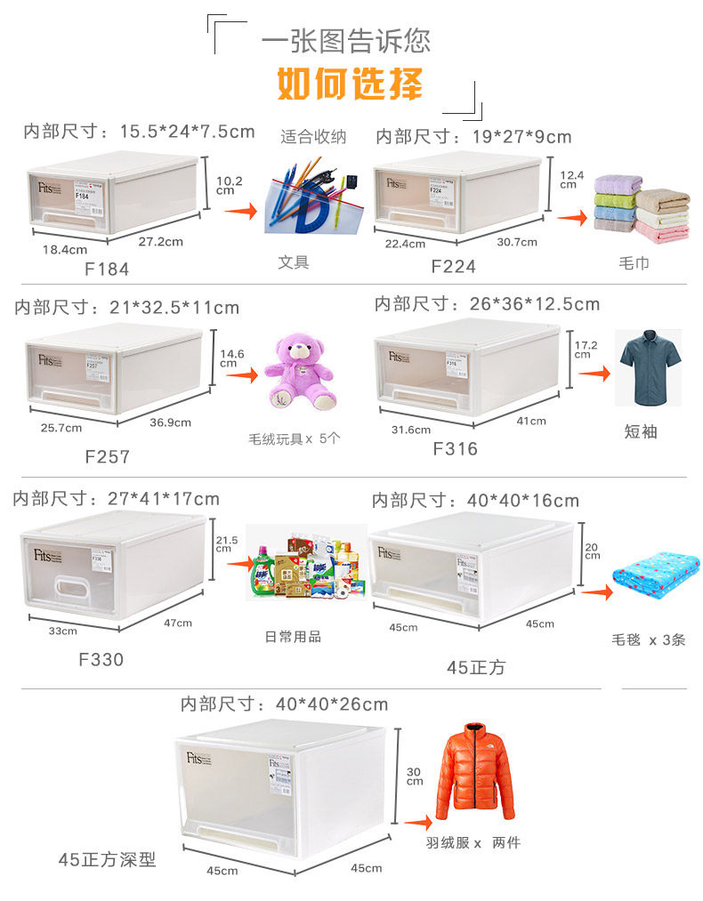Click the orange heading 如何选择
point(350,84)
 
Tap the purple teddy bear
point(301,371)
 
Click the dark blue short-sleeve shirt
point(649,366)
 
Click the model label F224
point(453,266)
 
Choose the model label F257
point(107,456)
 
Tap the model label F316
point(455,449)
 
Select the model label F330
point(101,660)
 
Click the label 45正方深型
point(107,859)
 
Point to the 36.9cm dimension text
point(170,422)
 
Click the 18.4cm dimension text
point(65,250)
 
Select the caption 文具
point(293,262)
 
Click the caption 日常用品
point(293,637)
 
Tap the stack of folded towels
point(641,210)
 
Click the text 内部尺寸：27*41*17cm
point(116,499)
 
